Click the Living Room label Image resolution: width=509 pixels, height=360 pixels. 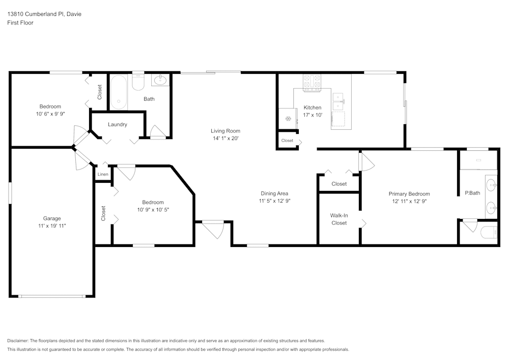pos(225,131)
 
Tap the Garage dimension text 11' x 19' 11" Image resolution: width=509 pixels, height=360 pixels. pos(51,226)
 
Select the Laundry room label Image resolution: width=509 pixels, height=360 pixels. pos(118,124)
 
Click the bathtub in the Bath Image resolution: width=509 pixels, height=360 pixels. pos(119,93)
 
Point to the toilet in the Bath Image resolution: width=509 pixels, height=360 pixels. pos(138,82)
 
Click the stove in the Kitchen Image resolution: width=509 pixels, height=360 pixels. pos(312,83)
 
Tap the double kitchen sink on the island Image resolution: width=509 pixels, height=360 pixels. pos(338,101)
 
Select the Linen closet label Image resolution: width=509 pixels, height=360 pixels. pos(103,175)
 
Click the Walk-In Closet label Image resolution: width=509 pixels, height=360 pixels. pos(339,219)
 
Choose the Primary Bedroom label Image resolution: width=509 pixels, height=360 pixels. pos(409,193)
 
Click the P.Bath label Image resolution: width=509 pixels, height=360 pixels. pos(472,193)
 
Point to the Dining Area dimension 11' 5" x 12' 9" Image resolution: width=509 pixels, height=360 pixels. pos(275,201)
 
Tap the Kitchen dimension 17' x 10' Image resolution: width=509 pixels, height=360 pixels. pos(313,115)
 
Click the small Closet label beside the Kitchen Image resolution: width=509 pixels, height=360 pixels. pos(287,141)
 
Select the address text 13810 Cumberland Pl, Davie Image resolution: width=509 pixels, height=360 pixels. pos(44,14)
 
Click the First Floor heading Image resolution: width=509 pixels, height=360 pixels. pos(20,23)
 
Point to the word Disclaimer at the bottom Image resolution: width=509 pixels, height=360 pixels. pos(18,341)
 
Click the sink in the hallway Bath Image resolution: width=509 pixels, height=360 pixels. pos(160,80)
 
